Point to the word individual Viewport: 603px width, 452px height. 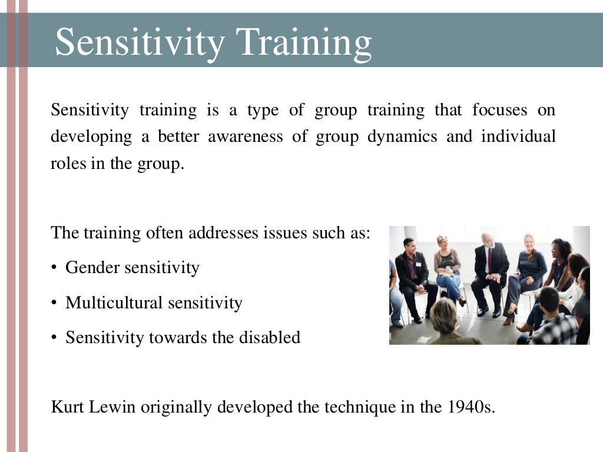[518, 137]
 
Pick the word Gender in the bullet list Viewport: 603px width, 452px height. [91, 268]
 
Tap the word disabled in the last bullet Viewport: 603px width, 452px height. [269, 337]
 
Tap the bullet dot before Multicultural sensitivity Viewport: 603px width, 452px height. [54, 303]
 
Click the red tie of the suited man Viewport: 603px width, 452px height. [488, 260]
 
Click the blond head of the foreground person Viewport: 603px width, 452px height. [443, 314]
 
